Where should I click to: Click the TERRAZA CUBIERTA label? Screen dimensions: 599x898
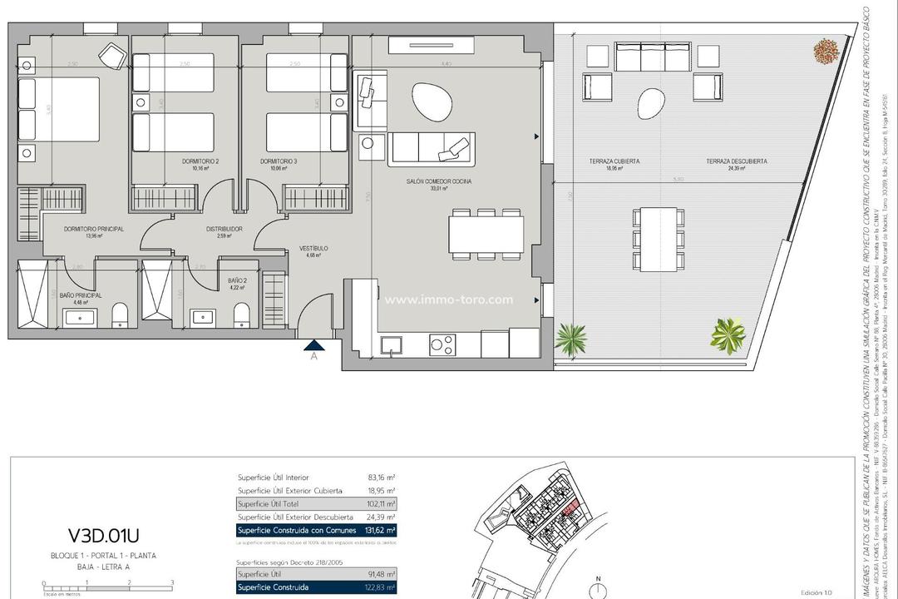[x=604, y=161]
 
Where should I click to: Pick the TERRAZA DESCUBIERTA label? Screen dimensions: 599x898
[x=736, y=161]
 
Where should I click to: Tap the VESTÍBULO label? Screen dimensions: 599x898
[x=313, y=249]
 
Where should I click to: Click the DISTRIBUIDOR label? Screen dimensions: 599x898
[x=224, y=229]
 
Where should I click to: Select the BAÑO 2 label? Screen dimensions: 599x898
[x=237, y=281]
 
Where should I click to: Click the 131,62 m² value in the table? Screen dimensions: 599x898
[x=380, y=530]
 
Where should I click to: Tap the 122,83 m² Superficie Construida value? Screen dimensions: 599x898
[x=380, y=587]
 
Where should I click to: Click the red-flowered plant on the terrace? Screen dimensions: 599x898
[x=826, y=52]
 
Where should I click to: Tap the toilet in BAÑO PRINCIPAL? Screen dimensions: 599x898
[x=121, y=314]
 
